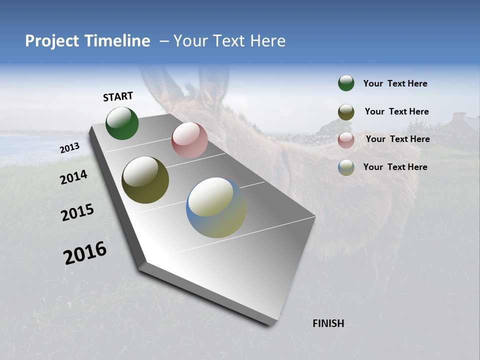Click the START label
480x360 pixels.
pyautogui.click(x=118, y=96)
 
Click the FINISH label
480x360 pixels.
pyautogui.click(x=328, y=323)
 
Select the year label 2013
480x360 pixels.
pyautogui.click(x=70, y=148)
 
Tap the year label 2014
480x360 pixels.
pyautogui.click(x=74, y=177)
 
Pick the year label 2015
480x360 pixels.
pyautogui.click(x=77, y=212)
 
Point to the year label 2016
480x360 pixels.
pyautogui.click(x=85, y=252)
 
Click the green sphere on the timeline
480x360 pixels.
pyautogui.click(x=122, y=123)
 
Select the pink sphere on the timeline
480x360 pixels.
pyautogui.click(x=189, y=140)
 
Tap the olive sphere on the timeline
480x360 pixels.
pyautogui.click(x=145, y=180)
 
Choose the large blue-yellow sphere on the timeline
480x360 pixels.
pyautogui.click(x=216, y=207)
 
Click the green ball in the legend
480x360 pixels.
pyautogui.click(x=346, y=83)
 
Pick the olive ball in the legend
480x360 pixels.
pyautogui.click(x=346, y=112)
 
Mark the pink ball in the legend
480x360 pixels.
pyautogui.click(x=346, y=140)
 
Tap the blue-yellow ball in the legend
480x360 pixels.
pyautogui.click(x=346, y=167)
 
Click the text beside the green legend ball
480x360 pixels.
pyautogui.click(x=395, y=83)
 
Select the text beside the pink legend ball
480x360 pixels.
pyautogui.click(x=397, y=139)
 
